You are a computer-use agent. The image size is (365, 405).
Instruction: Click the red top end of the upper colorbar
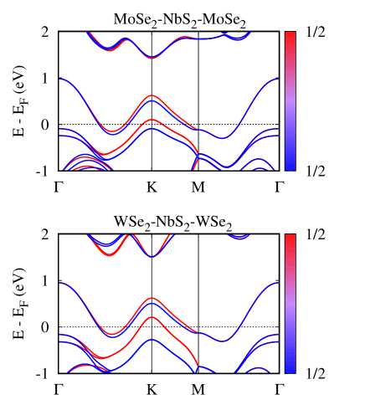pyautogui.click(x=290, y=35)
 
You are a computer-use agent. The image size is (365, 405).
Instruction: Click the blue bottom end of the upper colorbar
pyautogui.click(x=290, y=167)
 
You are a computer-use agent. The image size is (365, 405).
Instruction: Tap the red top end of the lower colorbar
pyautogui.click(x=290, y=238)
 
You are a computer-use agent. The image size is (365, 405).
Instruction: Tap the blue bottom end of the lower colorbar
pyautogui.click(x=290, y=369)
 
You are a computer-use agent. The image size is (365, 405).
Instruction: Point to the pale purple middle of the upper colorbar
pyautogui.click(x=290, y=101)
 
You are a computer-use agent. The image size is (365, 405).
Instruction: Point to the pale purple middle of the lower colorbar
pyautogui.click(x=290, y=304)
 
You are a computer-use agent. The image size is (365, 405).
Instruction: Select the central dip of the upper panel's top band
pyautogui.click(x=152, y=58)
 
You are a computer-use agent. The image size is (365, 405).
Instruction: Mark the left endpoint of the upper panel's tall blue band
pyautogui.click(x=61, y=79)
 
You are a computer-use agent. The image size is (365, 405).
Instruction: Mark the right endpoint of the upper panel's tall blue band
pyautogui.click(x=278, y=79)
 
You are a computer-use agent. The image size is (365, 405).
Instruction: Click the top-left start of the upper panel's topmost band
pyautogui.click(x=89, y=33)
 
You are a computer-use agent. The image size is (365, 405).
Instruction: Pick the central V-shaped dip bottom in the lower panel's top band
pyautogui.click(x=152, y=256)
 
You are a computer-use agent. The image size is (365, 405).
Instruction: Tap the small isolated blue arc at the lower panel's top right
pyautogui.click(x=239, y=238)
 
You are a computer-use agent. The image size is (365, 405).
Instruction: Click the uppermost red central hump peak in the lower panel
pyautogui.click(x=152, y=298)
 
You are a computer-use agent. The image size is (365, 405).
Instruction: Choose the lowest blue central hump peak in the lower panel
pyautogui.click(x=152, y=340)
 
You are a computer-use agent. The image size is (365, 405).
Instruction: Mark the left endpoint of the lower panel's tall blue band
pyautogui.click(x=61, y=283)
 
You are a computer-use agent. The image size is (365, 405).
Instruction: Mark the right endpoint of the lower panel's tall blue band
pyautogui.click(x=278, y=283)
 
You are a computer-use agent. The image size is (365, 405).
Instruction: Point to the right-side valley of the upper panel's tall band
pyautogui.click(x=222, y=138)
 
